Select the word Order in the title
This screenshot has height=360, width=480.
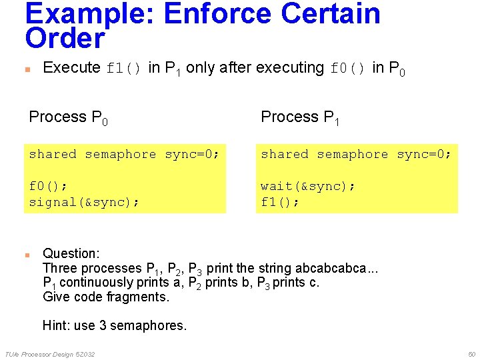[65, 39]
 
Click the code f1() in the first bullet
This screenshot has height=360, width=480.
[124, 68]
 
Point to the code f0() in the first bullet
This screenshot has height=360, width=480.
[348, 68]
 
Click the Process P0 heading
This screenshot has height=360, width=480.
[69, 117]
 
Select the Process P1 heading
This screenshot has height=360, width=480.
[301, 117]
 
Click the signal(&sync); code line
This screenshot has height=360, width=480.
[84, 202]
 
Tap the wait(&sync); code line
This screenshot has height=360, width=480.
[308, 186]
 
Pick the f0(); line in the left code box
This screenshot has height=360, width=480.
[48, 186]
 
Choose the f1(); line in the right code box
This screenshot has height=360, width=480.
[280, 202]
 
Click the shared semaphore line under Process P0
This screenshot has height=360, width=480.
[124, 154]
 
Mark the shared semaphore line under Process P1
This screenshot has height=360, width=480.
[356, 154]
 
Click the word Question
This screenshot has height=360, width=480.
[71, 253]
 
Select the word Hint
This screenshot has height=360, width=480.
[56, 325]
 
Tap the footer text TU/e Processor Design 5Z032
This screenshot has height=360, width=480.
[49, 353]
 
